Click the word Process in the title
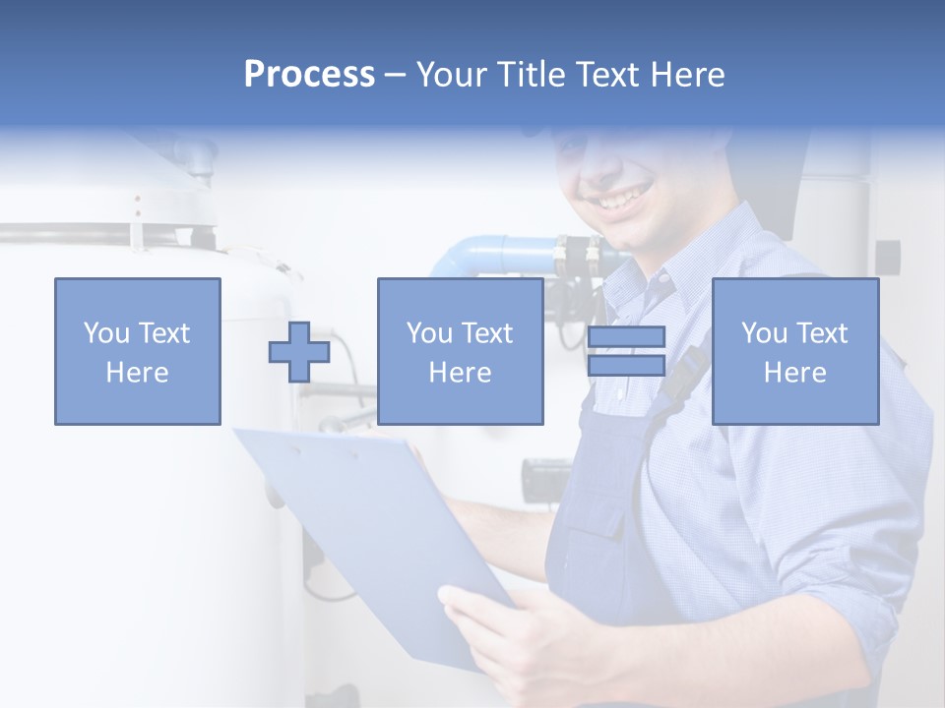pyautogui.click(x=309, y=75)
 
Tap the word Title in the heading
pyautogui.click(x=531, y=75)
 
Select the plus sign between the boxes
pyautogui.click(x=299, y=352)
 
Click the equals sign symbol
pyautogui.click(x=626, y=351)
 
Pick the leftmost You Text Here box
pyautogui.click(x=138, y=351)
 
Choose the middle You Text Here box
pyautogui.click(x=460, y=351)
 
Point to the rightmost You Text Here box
pyautogui.click(x=794, y=351)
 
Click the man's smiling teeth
pyautogui.click(x=619, y=200)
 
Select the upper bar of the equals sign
pyautogui.click(x=626, y=336)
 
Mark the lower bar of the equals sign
pyautogui.click(x=626, y=366)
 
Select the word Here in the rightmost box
pyautogui.click(x=794, y=373)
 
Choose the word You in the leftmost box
pyautogui.click(x=106, y=332)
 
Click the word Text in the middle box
pyautogui.click(x=486, y=332)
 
